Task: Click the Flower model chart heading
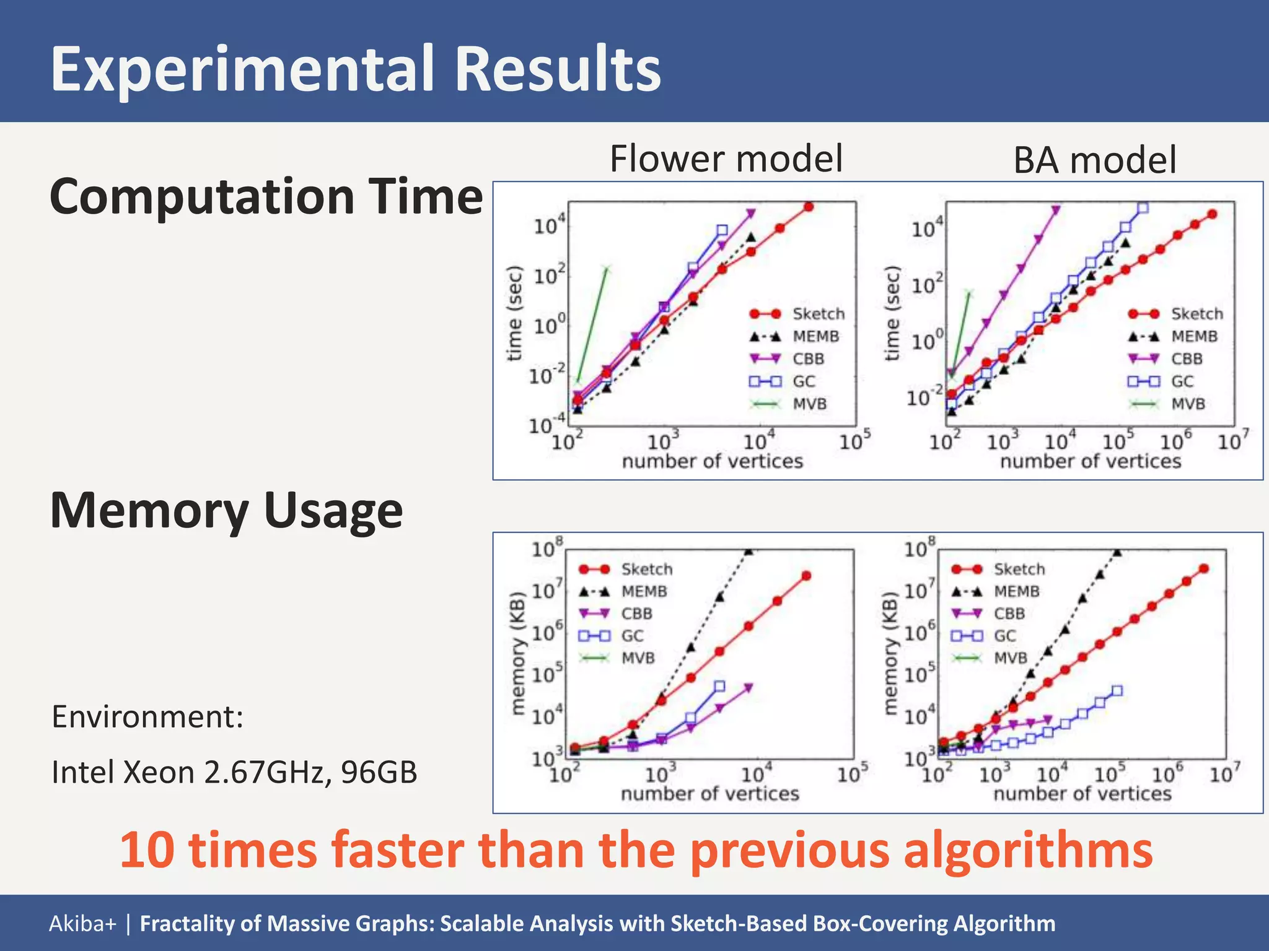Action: pyautogui.click(x=726, y=158)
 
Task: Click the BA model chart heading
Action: pyautogui.click(x=1094, y=160)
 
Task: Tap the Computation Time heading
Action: pyautogui.click(x=266, y=196)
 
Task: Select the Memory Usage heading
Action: pyautogui.click(x=226, y=510)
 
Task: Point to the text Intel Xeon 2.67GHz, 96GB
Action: pyautogui.click(x=234, y=772)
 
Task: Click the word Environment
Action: pyautogui.click(x=146, y=717)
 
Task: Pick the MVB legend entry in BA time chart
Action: pyautogui.click(x=1187, y=404)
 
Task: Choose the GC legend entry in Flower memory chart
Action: pyautogui.click(x=632, y=636)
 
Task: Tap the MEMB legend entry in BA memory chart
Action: pyautogui.click(x=1016, y=591)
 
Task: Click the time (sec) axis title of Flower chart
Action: pyautogui.click(x=514, y=313)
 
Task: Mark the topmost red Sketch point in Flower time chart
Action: pyautogui.click(x=809, y=207)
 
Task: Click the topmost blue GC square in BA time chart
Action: pyautogui.click(x=1143, y=208)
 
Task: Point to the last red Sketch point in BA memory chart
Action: pyautogui.click(x=1204, y=568)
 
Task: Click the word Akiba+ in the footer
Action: pyautogui.click(x=82, y=923)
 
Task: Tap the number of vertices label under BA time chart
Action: pyautogui.click(x=1091, y=461)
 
